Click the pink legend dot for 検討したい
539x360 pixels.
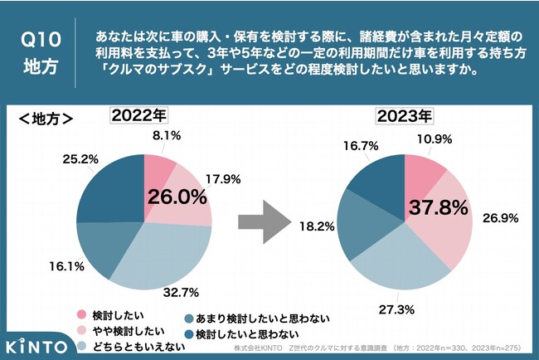point(81,314)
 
